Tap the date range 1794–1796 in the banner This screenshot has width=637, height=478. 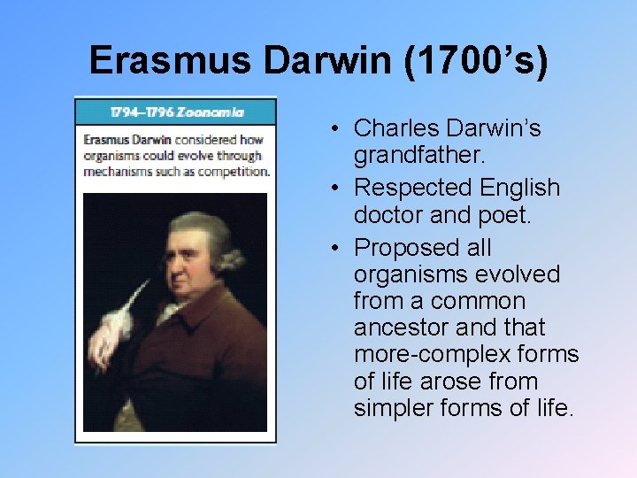[x=141, y=112]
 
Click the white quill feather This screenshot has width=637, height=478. [x=114, y=323]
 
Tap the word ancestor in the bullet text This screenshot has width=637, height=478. [x=401, y=328]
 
